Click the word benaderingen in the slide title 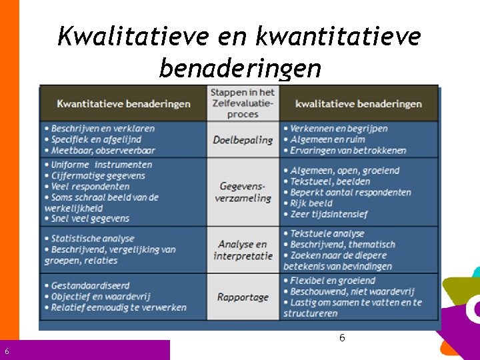pyautogui.click(x=240, y=68)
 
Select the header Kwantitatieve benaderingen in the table pyautogui.click(x=123, y=104)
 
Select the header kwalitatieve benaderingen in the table pyautogui.click(x=358, y=104)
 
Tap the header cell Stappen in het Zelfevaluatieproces pyautogui.click(x=243, y=103)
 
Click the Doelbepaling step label pyautogui.click(x=243, y=140)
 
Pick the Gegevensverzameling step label pyautogui.click(x=243, y=192)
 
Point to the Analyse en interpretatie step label pyautogui.click(x=243, y=250)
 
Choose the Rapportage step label pyautogui.click(x=243, y=297)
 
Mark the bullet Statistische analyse pyautogui.click(x=93, y=239)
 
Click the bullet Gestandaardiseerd pyautogui.click(x=90, y=286)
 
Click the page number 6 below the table pyautogui.click(x=342, y=338)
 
